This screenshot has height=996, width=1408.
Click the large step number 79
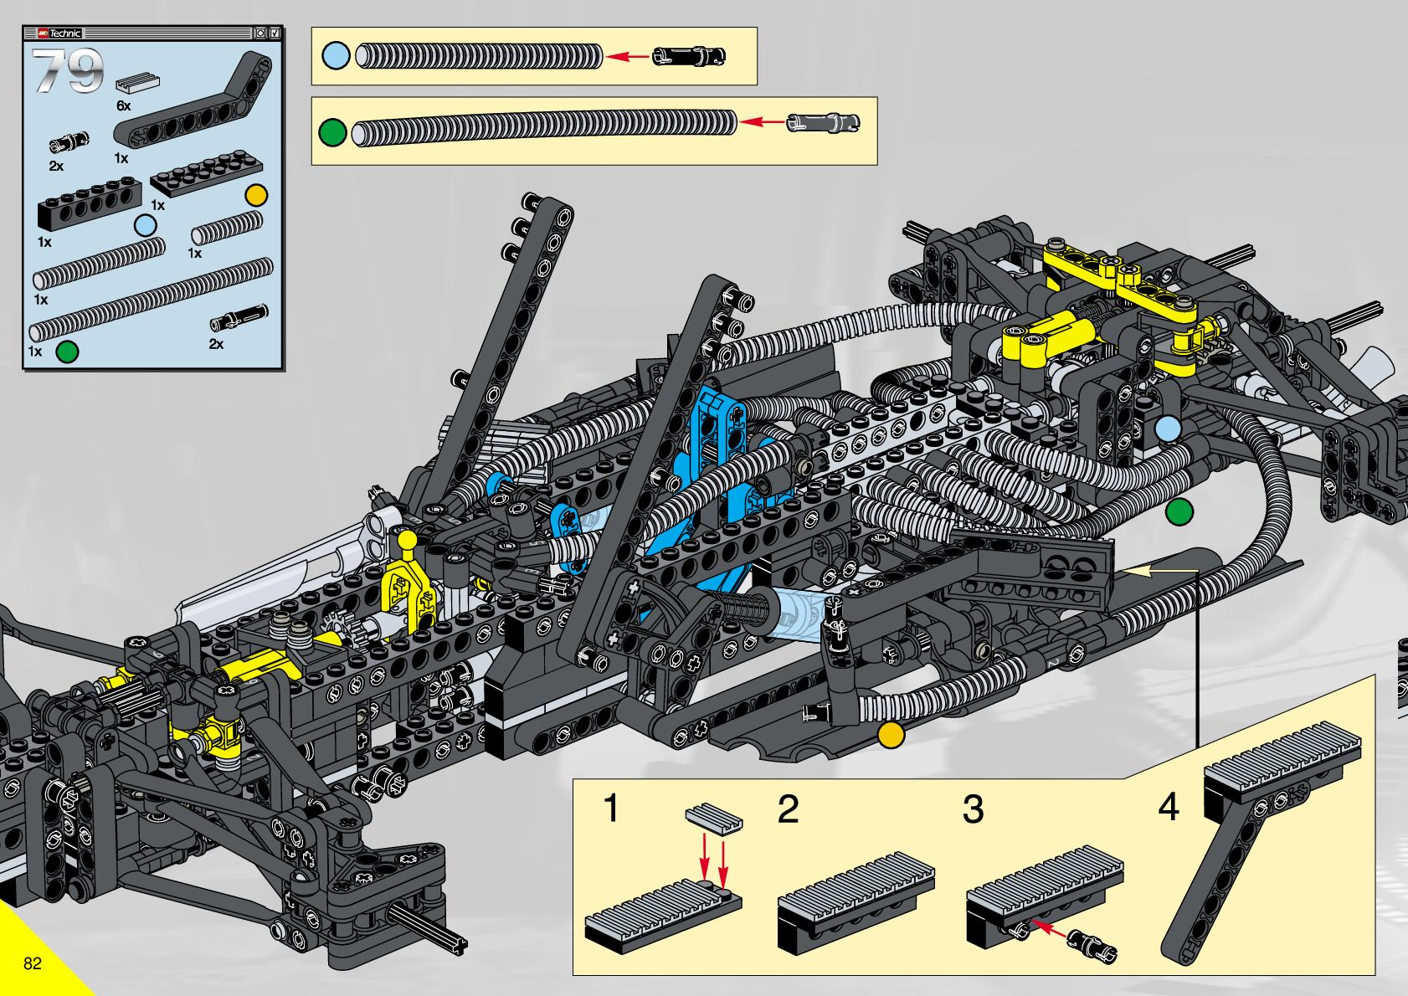click(68, 70)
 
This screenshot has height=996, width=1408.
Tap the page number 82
click(33, 963)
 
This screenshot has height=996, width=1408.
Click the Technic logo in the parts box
click(59, 33)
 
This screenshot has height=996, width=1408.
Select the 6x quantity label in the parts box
click(124, 105)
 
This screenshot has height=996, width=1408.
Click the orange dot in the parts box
click(256, 195)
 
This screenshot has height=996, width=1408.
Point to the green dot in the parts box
click(67, 352)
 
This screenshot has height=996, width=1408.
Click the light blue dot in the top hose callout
click(336, 56)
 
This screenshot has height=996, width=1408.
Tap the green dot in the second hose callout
click(332, 132)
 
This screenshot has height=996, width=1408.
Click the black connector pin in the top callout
click(689, 57)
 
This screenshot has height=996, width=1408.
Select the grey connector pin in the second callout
click(823, 122)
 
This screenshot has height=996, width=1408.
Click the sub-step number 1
click(611, 808)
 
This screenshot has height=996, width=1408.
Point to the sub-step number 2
click(788, 809)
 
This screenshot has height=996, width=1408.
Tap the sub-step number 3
click(973, 809)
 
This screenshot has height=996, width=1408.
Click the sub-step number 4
click(1169, 807)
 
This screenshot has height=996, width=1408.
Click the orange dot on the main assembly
click(891, 735)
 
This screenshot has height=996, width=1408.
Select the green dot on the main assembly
click(1179, 512)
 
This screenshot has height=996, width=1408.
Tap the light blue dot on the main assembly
click(1168, 430)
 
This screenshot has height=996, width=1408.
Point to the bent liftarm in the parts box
click(193, 98)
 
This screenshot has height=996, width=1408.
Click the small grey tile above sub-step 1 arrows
click(714, 819)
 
